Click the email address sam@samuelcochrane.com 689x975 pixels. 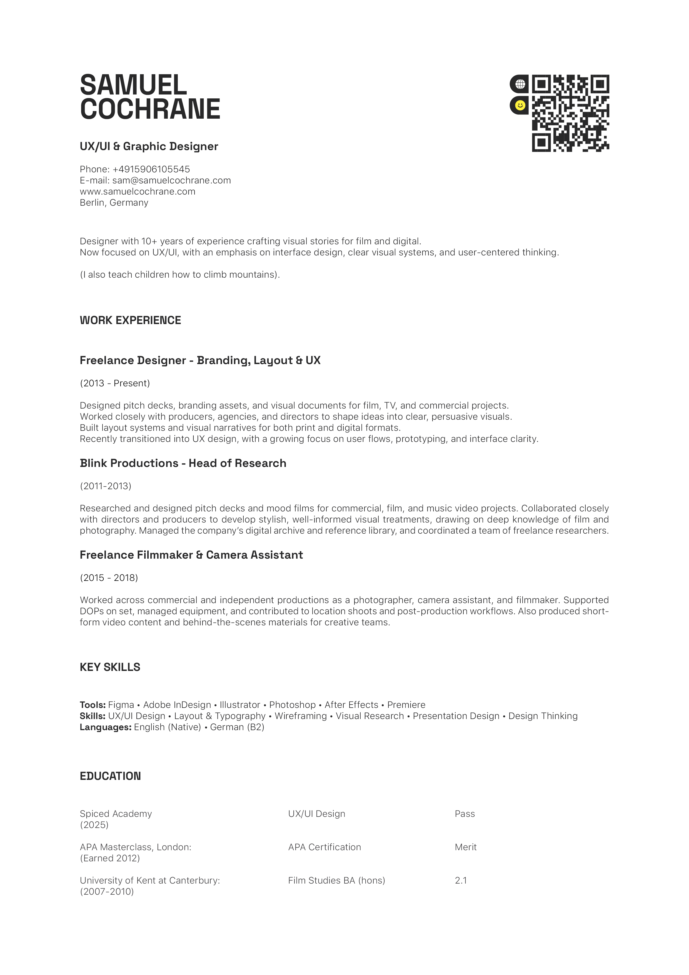point(171,180)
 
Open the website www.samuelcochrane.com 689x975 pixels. point(138,191)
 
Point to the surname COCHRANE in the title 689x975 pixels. point(150,109)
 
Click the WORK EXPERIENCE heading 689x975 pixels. point(130,320)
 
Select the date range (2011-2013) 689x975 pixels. point(106,486)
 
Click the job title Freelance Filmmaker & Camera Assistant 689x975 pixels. point(191,555)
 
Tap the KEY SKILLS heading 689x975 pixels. point(110,667)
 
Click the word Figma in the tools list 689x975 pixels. point(121,705)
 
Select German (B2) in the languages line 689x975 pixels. point(237,727)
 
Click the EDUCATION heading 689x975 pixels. point(110,776)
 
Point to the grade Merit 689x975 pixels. point(465,847)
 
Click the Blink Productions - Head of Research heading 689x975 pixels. point(183,463)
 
